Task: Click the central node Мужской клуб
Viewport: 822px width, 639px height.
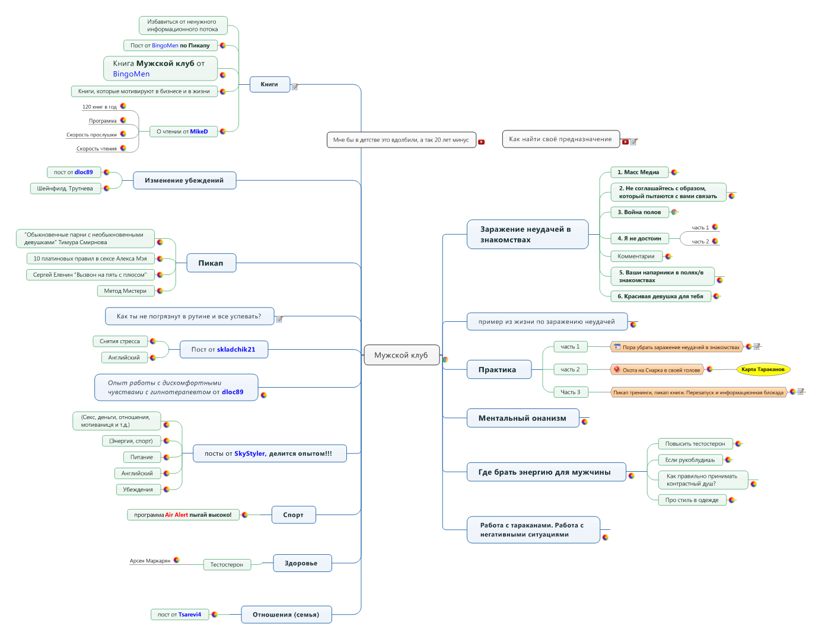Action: point(402,355)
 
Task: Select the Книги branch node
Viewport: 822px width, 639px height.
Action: point(270,84)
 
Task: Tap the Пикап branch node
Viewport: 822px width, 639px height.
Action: point(211,263)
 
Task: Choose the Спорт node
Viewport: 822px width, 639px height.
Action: point(294,515)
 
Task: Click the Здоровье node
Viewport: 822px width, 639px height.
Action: point(302,563)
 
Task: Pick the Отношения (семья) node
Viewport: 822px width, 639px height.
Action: point(286,615)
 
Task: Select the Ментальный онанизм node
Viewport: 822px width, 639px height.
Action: point(522,418)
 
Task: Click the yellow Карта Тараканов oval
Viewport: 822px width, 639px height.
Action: point(763,369)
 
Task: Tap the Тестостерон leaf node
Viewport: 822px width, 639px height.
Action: point(227,564)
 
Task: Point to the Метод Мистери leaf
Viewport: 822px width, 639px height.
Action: point(125,290)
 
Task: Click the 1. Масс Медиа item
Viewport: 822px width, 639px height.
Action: point(639,172)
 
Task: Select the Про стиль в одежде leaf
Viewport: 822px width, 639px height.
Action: point(692,500)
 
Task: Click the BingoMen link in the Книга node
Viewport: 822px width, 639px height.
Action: point(132,74)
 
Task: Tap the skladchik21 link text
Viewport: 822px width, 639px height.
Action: point(236,350)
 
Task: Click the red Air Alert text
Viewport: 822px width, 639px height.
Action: point(176,515)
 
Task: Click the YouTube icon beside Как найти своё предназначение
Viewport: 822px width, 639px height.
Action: point(625,142)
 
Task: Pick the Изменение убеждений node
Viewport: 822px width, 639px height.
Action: point(184,180)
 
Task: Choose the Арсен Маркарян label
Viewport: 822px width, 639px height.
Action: point(150,561)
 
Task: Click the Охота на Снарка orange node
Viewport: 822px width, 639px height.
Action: point(657,370)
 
